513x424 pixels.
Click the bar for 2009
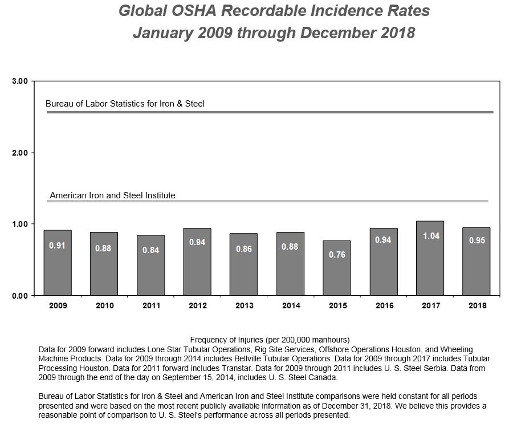tap(58, 263)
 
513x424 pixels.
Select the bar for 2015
tap(337, 268)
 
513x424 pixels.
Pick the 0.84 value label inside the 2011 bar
tap(150, 251)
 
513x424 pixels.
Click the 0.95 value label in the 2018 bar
tap(477, 240)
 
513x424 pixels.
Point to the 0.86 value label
tap(244, 249)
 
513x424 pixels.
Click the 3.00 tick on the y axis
tap(20, 81)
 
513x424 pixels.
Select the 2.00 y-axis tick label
tap(20, 153)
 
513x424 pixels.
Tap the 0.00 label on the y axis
tap(20, 295)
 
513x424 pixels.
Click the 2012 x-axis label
tap(197, 306)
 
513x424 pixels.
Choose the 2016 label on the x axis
tap(384, 306)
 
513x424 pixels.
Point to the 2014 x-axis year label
tap(291, 306)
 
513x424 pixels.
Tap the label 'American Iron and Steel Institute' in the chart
tap(113, 195)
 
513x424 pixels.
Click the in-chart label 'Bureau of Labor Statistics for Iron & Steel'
tap(125, 104)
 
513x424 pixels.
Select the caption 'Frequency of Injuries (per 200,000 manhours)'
tap(270, 339)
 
